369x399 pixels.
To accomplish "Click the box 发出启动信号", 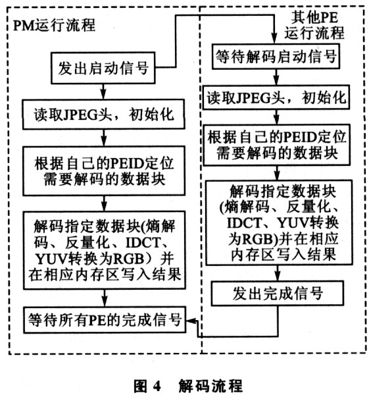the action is (103, 68).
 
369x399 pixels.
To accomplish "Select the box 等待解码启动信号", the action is (276, 56).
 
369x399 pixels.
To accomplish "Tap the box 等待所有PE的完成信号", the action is (105, 319).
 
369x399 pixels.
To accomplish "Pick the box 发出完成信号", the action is (278, 293).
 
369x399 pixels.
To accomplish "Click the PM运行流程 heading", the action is (54, 25).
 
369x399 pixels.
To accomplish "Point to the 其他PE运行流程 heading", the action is (314, 25).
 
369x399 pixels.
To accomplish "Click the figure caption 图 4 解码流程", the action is (188, 386).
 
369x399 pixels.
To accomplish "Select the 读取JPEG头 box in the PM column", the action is (104, 115).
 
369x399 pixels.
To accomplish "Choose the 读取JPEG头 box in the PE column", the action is (276, 97).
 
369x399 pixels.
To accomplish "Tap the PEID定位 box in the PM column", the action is (104, 171).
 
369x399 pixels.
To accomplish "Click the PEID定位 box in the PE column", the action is (277, 145).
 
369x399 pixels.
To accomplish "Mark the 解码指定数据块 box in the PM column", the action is (105, 250).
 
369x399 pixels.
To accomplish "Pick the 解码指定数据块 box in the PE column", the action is (279, 223).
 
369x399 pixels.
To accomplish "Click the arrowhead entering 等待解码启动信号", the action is (274, 39).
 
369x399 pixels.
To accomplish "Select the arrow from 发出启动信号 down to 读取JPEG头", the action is (103, 92).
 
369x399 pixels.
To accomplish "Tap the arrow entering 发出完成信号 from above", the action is (278, 273).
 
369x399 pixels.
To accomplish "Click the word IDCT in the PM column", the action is (143, 242).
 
